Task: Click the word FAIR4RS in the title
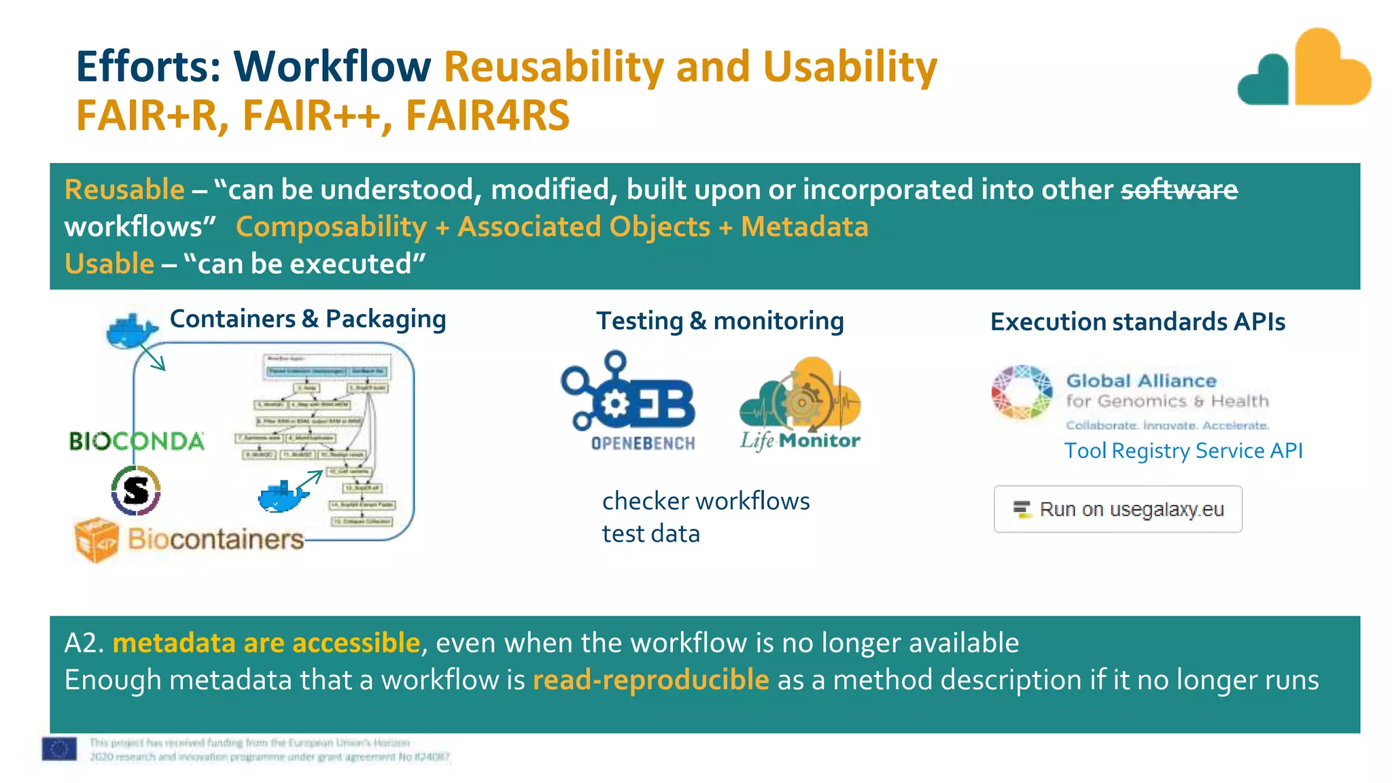point(487,116)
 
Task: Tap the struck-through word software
point(1179,190)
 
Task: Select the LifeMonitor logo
point(800,404)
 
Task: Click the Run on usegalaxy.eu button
point(1117,509)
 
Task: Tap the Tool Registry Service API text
point(1183,451)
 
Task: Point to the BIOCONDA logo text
point(136,441)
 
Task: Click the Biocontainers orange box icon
point(96,540)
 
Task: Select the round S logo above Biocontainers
point(136,490)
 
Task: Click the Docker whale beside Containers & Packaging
point(131,331)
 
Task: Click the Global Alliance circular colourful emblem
point(1021,392)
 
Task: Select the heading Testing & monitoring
point(720,321)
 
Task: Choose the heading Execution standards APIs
point(1137,321)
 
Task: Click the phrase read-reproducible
point(650,680)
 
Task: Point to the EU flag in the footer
point(59,749)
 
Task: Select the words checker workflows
point(706,501)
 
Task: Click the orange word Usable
point(109,264)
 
